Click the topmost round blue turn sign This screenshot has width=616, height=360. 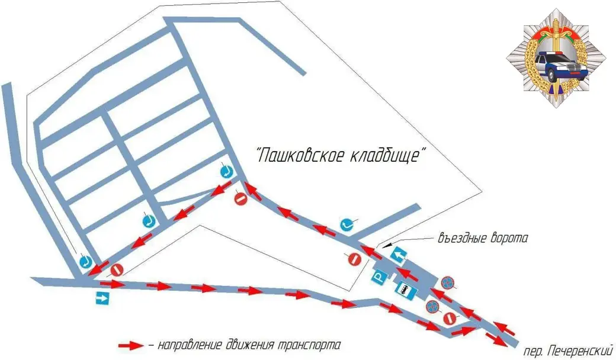(226, 172)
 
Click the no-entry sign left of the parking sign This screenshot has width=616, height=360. (354, 259)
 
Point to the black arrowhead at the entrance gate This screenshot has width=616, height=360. (385, 245)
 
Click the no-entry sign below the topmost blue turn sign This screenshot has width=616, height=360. (240, 199)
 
